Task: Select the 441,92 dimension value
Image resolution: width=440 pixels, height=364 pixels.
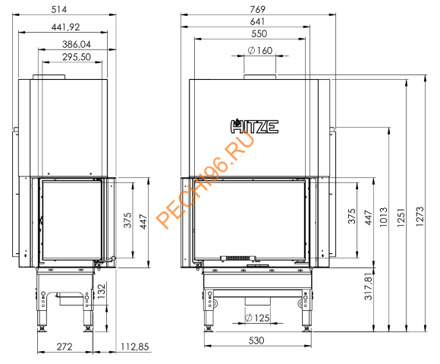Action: (65, 26)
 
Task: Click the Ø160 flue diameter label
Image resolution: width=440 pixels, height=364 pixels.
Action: (259, 51)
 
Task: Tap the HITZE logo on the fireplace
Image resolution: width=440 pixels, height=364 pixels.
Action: (254, 125)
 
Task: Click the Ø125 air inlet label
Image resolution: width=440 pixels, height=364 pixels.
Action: (259, 317)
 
